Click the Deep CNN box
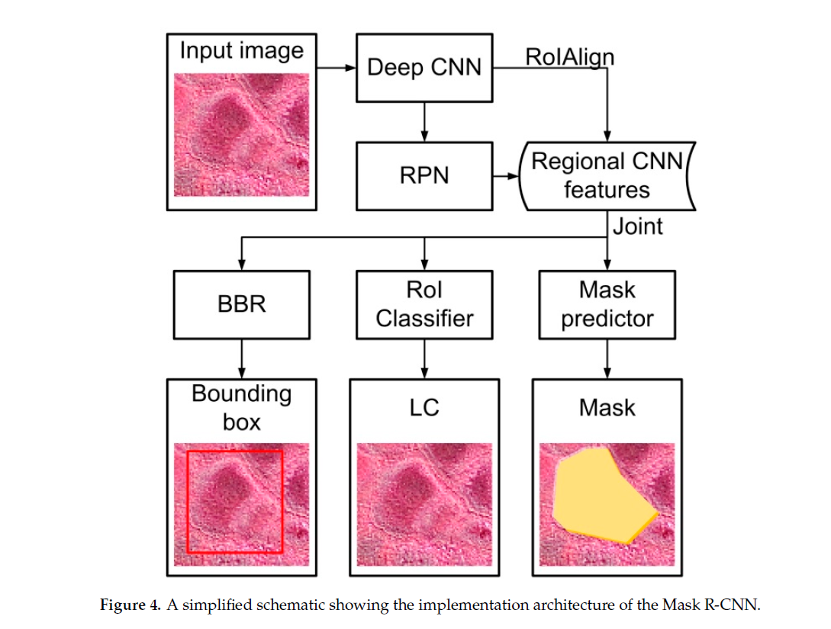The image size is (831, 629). pyautogui.click(x=424, y=67)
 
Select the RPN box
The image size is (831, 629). pyautogui.click(x=424, y=176)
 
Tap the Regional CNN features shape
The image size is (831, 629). pyautogui.click(x=607, y=176)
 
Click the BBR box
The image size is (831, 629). pyautogui.click(x=242, y=304)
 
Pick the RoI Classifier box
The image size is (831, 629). pyautogui.click(x=424, y=304)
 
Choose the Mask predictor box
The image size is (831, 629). pyautogui.click(x=607, y=304)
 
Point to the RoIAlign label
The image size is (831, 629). pyautogui.click(x=569, y=56)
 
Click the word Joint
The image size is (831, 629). pyautogui.click(x=638, y=226)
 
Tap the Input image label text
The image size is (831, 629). pyautogui.click(x=241, y=51)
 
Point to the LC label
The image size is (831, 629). pyautogui.click(x=424, y=407)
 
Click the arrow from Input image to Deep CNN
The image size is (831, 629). pyautogui.click(x=337, y=67)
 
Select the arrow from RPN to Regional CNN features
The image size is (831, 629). pyautogui.click(x=504, y=176)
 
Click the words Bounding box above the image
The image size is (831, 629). pyautogui.click(x=241, y=407)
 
